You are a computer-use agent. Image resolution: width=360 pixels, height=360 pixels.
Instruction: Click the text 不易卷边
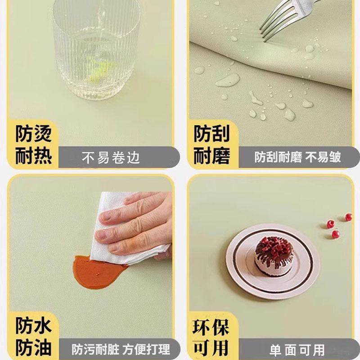[111, 158]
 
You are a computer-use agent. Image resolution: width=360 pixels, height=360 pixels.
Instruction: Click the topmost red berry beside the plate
[348, 217]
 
